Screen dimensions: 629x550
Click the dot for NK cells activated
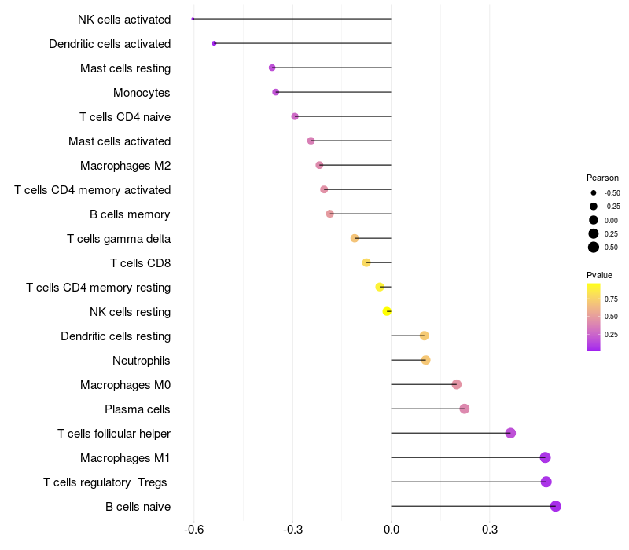tap(193, 19)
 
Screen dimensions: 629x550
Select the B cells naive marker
tap(556, 506)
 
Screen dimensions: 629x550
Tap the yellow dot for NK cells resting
tap(387, 311)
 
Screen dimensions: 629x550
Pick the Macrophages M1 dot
tap(545, 457)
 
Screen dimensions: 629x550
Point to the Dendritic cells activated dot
tap(214, 43)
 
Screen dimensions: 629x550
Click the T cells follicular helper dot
tap(510, 433)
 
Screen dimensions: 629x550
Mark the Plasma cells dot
tap(465, 409)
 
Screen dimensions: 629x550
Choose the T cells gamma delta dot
tap(355, 238)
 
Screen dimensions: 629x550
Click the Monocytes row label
tap(142, 93)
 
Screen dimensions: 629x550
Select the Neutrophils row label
tap(142, 361)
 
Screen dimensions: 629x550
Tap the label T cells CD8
tap(141, 263)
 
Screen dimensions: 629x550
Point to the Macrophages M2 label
tap(126, 166)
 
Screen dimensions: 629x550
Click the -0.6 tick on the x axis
tap(193, 530)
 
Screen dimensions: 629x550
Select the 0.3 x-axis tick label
tap(490, 530)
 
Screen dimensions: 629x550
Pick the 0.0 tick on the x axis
tap(392, 530)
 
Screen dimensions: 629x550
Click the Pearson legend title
tap(602, 178)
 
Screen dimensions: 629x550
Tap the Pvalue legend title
tap(599, 275)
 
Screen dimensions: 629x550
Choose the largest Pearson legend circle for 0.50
tap(594, 247)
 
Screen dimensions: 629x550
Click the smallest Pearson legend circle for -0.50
tap(594, 192)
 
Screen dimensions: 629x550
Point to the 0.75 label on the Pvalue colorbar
tap(612, 299)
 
